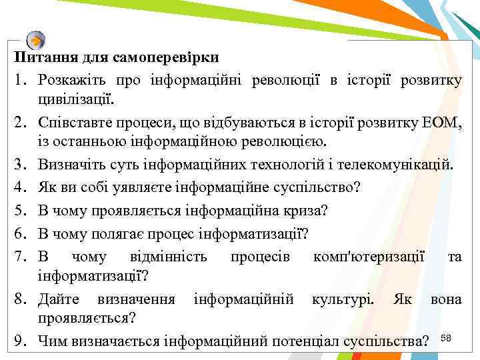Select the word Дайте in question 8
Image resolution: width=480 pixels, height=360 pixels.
[56, 299]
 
